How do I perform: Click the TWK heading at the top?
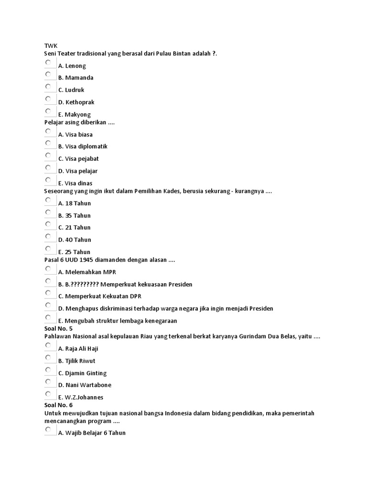[50, 45]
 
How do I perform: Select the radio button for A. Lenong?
[48, 63]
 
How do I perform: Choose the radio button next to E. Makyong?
[48, 111]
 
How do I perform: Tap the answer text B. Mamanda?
[76, 78]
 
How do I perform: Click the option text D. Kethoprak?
[76, 102]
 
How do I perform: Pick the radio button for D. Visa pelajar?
[48, 168]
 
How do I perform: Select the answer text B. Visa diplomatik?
[83, 146]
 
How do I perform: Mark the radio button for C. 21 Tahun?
[48, 224]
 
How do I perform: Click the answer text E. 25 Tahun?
[74, 252]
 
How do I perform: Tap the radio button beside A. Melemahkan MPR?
[48, 269]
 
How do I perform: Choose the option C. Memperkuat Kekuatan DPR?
[99, 296]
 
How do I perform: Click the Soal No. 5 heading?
[58, 329]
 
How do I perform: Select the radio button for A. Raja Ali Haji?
[48, 345]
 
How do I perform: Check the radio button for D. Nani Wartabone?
[48, 382]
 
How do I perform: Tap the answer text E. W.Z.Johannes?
[80, 397]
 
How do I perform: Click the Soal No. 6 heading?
[58, 405]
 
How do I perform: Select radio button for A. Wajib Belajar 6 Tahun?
[48, 430]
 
